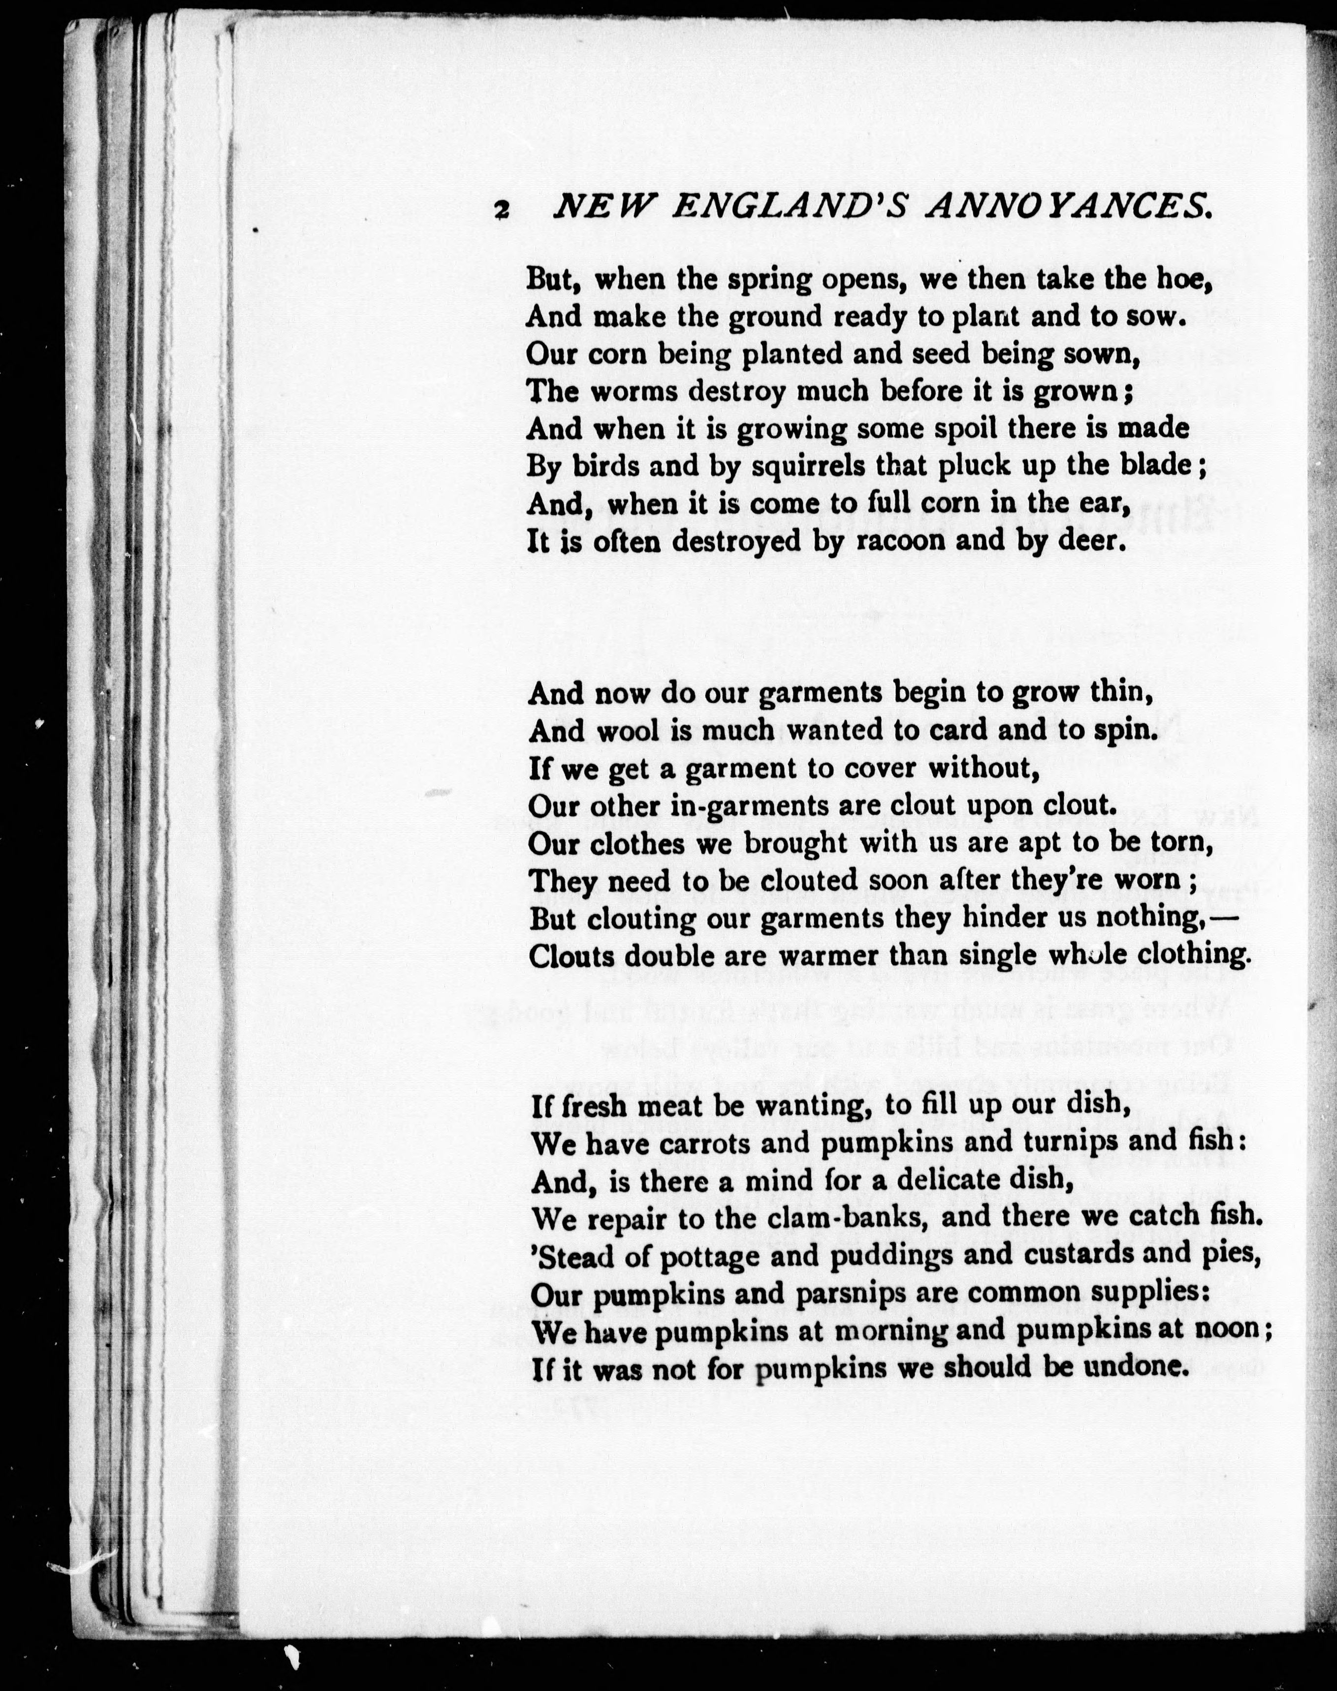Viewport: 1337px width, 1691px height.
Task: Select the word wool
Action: [630, 730]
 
